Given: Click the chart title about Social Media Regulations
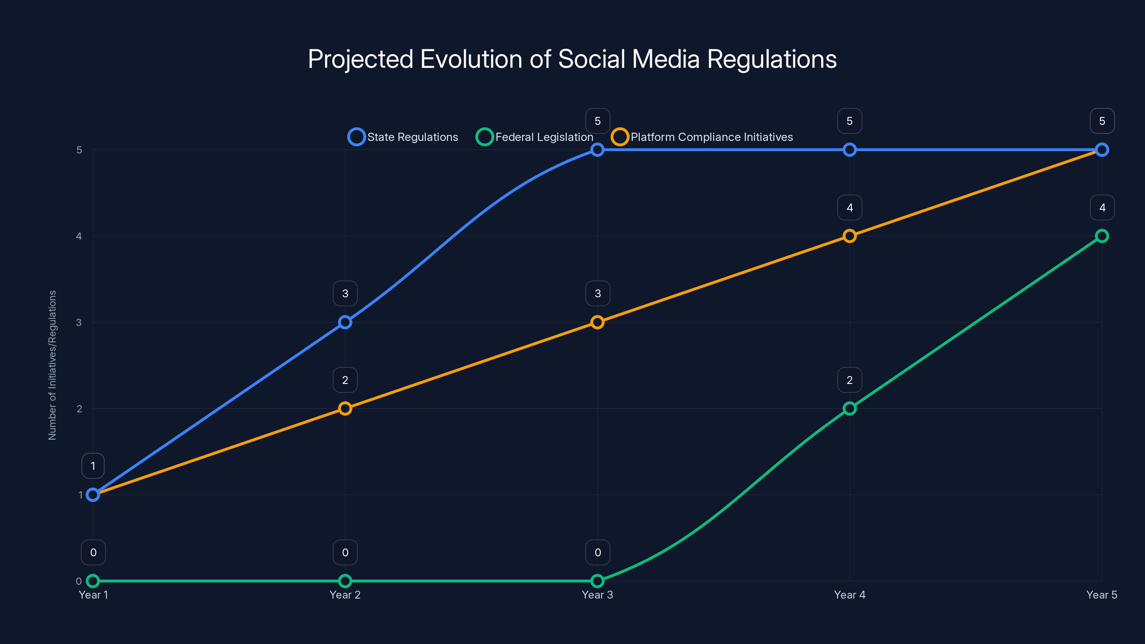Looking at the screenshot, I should coord(572,59).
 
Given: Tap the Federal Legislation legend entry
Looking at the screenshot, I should coord(534,137).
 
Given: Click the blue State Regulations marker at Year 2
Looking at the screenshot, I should coord(345,322).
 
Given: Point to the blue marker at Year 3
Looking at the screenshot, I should coord(598,150).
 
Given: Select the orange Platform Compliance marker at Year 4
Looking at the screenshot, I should coord(849,236).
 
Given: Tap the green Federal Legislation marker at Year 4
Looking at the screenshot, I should coord(849,409).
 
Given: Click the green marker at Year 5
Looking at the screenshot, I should coord(1102,236).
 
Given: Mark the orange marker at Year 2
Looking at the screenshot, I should coord(345,409).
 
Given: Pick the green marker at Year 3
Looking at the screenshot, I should coord(598,581).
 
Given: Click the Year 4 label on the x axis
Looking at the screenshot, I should coord(849,595).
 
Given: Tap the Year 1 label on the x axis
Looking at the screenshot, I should coord(93,595).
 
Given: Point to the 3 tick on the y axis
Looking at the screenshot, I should coord(79,322).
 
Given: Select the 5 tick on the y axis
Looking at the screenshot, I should coord(79,150).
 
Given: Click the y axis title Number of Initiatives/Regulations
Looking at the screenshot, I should coord(53,365).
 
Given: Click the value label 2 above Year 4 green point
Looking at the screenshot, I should coord(849,380).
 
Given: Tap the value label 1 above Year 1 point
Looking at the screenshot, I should coord(93,466).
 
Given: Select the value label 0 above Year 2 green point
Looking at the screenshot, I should coord(345,552).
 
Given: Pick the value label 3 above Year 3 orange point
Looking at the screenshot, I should coord(598,293).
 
